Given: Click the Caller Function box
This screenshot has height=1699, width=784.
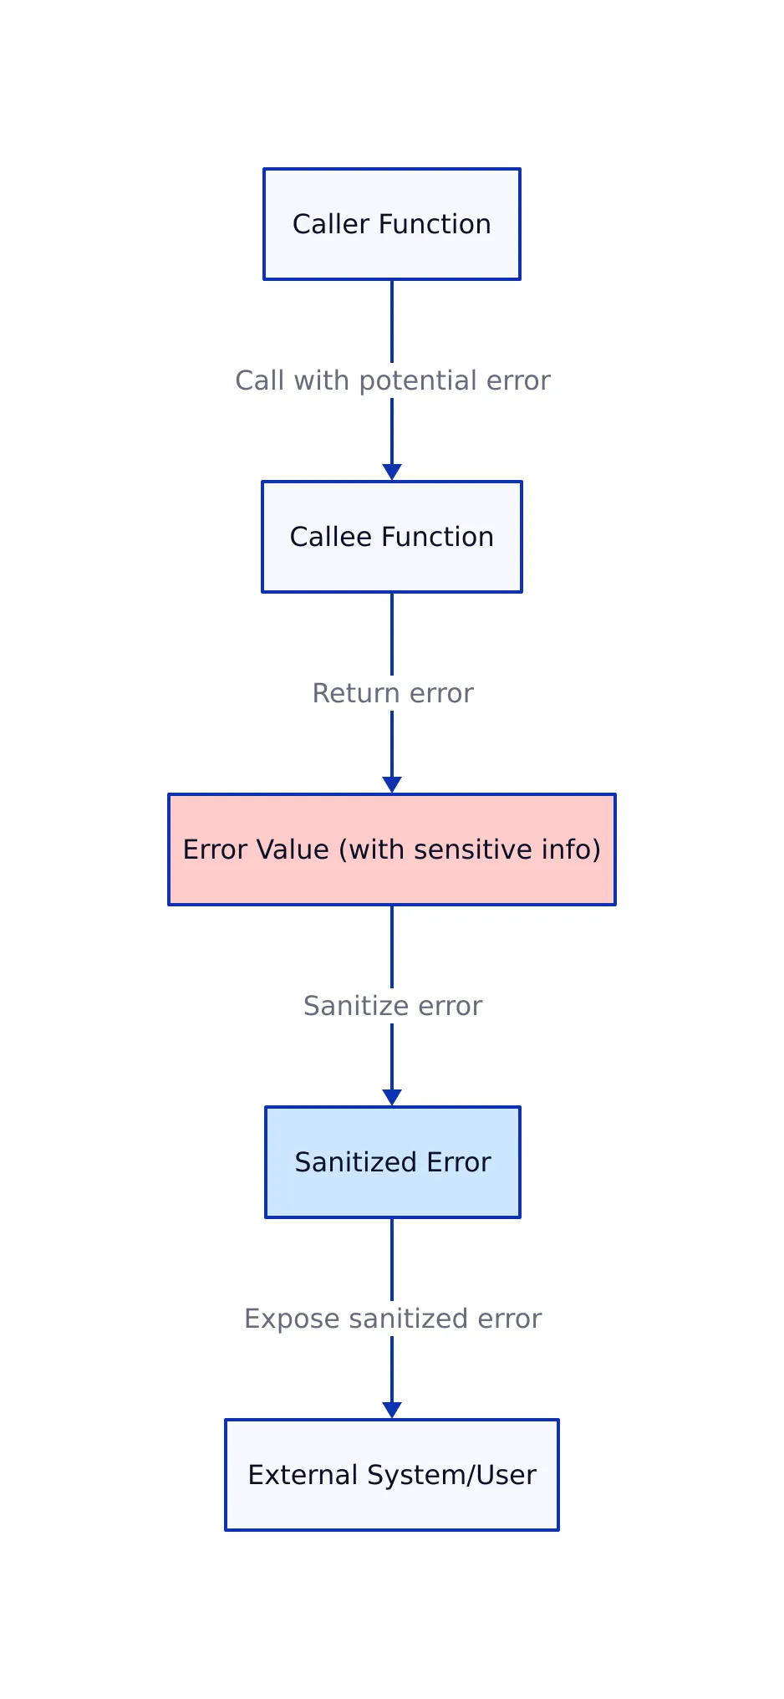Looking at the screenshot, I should point(391,224).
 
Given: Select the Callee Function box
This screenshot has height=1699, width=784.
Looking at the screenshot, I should point(391,537).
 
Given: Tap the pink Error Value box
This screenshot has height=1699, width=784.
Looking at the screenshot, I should point(391,849).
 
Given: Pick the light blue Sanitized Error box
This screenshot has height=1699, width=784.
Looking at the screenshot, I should point(392,1162).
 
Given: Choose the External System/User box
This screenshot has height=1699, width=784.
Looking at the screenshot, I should point(391,1475).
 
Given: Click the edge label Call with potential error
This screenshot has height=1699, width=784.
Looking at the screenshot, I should point(392,380).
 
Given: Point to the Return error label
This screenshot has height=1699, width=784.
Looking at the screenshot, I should point(392,693).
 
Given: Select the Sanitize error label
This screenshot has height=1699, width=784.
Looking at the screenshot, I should point(392,1006).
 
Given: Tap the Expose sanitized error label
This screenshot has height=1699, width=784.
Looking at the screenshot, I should point(392,1319).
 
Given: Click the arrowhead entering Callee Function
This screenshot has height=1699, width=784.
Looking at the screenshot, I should point(392,472).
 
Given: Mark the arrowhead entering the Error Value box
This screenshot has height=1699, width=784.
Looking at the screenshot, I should point(392,785).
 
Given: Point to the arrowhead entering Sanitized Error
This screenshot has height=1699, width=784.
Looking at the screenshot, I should point(392,1098).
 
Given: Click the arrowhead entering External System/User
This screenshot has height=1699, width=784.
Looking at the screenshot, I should point(392,1411).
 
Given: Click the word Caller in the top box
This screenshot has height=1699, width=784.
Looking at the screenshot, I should point(331,224).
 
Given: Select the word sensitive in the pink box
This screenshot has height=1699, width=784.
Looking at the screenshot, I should point(473,849).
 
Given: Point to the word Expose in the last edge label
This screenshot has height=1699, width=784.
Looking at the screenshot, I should point(293,1319).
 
